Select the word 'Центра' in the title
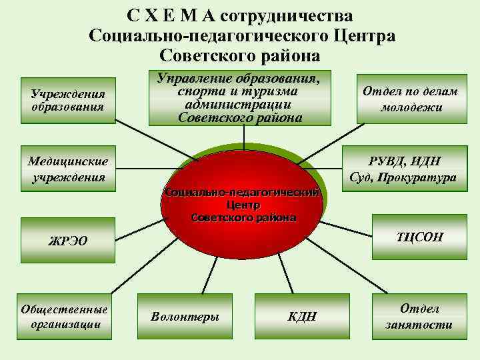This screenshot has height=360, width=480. tap(363, 35)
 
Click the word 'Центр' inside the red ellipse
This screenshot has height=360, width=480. tap(243, 205)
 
